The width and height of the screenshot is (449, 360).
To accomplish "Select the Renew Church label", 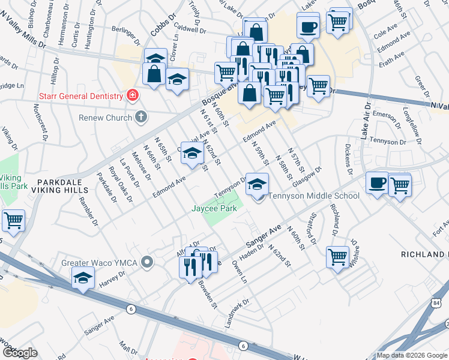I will coord(105,118).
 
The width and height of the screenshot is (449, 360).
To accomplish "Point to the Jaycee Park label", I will coord(214,208).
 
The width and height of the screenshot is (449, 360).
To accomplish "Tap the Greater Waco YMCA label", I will coord(100,263).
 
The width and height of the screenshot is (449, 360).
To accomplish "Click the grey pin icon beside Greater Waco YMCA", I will coord(149,262).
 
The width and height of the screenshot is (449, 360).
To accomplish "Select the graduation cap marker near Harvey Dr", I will coord(83,278).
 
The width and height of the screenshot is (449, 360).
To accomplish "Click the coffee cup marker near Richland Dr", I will coord(378,183).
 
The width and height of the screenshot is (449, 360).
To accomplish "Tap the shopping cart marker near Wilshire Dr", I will coord(338,257).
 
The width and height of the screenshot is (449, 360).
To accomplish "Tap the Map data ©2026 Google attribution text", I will coord(411,355).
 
